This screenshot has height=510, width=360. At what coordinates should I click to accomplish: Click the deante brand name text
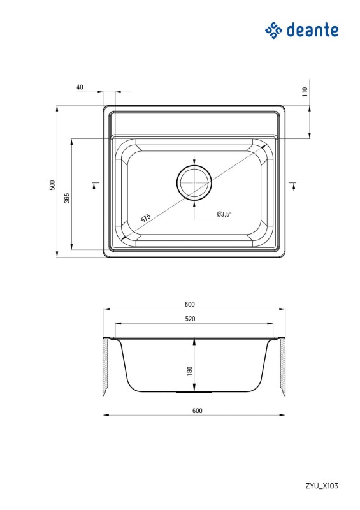(312, 30)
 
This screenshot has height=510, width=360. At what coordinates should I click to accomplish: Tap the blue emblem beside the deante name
(273, 30)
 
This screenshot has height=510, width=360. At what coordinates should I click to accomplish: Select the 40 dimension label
(80, 87)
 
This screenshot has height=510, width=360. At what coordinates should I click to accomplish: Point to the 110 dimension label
(305, 91)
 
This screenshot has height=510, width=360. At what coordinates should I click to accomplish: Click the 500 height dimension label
(52, 185)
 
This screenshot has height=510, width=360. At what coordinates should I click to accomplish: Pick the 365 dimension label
(67, 198)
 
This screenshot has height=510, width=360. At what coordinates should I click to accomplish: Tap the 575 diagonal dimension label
(146, 218)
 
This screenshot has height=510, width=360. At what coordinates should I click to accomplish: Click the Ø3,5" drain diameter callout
(224, 214)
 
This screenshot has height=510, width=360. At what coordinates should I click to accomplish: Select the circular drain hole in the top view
(194, 182)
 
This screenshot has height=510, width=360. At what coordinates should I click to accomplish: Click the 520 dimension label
(191, 319)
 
